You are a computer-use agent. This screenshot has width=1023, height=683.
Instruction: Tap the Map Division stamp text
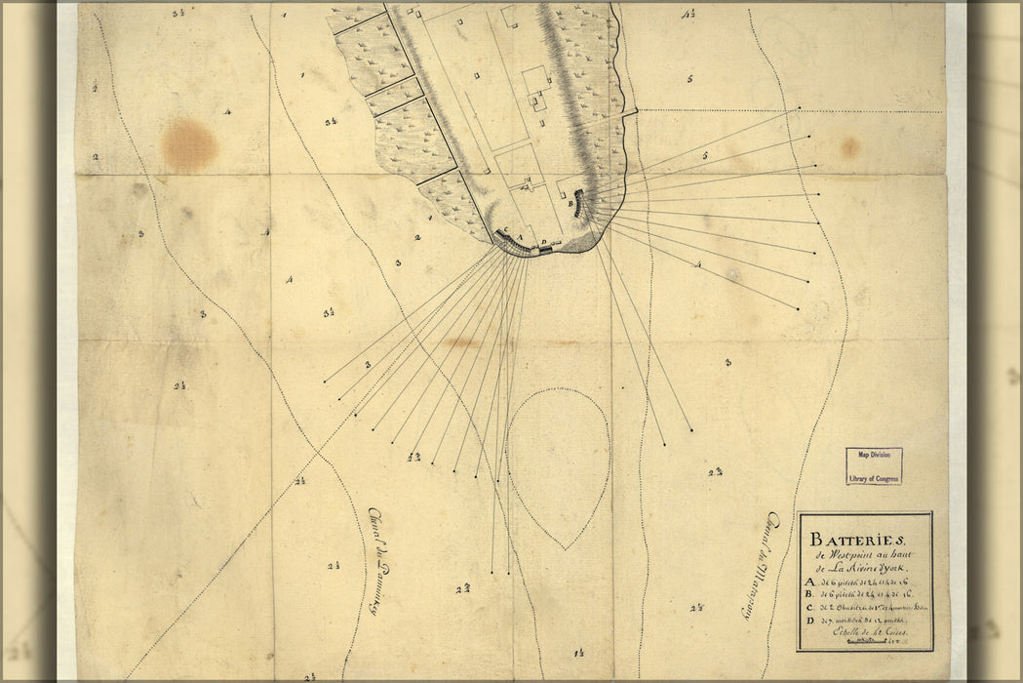(x=874, y=455)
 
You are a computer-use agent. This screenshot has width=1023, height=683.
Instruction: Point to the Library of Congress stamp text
(x=874, y=477)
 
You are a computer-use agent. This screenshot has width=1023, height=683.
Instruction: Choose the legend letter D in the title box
(x=808, y=620)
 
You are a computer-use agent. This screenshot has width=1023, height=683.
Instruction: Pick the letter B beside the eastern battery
(x=570, y=205)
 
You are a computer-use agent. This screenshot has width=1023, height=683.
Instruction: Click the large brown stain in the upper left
(x=188, y=144)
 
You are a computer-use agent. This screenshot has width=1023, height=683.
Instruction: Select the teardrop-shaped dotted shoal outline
(x=559, y=459)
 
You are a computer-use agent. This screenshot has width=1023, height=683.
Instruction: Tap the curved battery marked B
(x=582, y=203)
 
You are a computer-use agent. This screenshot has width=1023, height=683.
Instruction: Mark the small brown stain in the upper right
(x=849, y=147)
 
